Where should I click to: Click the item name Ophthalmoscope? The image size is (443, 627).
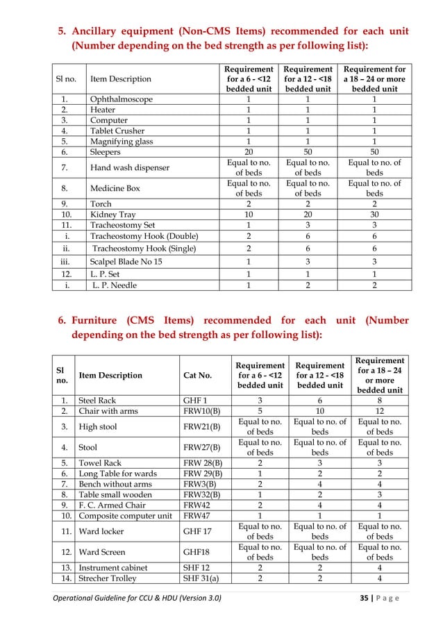point(121,99)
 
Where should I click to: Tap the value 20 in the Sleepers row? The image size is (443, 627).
point(248,151)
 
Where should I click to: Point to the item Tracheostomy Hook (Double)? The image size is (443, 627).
point(144,235)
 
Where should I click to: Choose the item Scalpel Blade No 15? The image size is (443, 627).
point(133,262)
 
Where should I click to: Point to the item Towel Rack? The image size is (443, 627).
point(101,462)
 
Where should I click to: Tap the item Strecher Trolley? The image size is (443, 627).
point(108,578)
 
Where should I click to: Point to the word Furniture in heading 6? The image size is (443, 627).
point(101,320)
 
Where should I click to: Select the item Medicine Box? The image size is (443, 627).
point(115,188)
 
